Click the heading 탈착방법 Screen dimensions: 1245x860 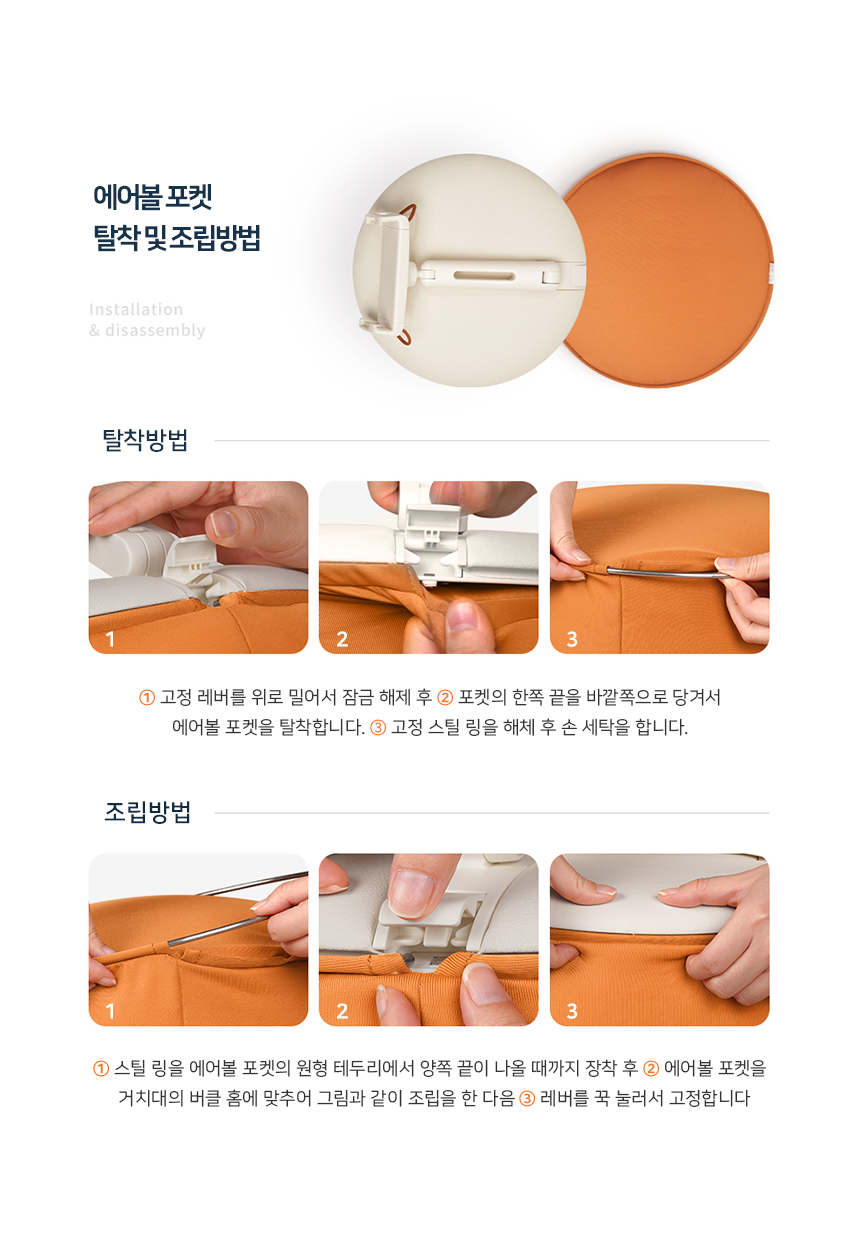click(x=145, y=440)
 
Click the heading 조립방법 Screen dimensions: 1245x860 click(x=147, y=812)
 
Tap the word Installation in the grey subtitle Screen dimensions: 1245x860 click(x=136, y=309)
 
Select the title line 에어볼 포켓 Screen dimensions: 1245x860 click(x=152, y=196)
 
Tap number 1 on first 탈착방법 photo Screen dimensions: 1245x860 click(x=110, y=639)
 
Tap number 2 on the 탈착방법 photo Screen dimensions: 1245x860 click(x=342, y=639)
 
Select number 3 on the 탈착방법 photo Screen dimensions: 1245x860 click(x=572, y=639)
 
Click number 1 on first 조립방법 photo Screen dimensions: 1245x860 click(x=110, y=1011)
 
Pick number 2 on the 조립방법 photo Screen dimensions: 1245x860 click(x=342, y=1011)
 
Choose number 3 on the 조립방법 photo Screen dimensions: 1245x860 click(x=572, y=1011)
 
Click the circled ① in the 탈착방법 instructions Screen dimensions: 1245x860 click(x=147, y=696)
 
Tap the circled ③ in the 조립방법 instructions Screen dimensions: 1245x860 click(x=527, y=1098)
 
